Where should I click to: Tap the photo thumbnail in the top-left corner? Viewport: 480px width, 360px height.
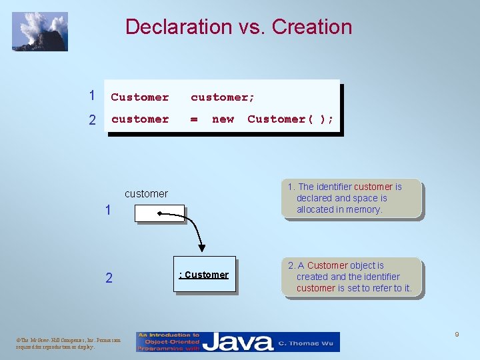pyautogui.click(x=40, y=31)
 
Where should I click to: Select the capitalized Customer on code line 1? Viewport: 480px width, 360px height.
pyautogui.click(x=140, y=97)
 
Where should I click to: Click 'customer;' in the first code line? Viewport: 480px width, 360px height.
pyautogui.click(x=223, y=97)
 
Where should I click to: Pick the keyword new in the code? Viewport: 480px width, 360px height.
pyautogui.click(x=223, y=119)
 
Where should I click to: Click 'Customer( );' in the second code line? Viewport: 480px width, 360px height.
pyautogui.click(x=291, y=119)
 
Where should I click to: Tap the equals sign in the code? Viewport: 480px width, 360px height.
pyautogui.click(x=194, y=119)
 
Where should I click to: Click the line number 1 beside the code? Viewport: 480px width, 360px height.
pyautogui.click(x=92, y=96)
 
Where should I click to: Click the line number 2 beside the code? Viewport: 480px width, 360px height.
pyautogui.click(x=92, y=120)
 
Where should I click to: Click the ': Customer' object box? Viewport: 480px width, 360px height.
pyautogui.click(x=205, y=275)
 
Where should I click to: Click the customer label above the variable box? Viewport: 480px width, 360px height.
pyautogui.click(x=146, y=194)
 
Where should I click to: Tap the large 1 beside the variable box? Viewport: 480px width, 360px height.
pyautogui.click(x=108, y=211)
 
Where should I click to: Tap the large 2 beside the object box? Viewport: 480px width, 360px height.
pyautogui.click(x=109, y=278)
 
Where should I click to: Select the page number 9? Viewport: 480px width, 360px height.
pyautogui.click(x=457, y=334)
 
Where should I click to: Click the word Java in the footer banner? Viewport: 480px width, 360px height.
pyautogui.click(x=237, y=342)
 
